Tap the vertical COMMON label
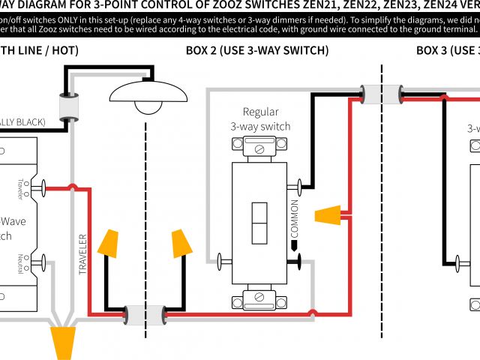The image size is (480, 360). (x=294, y=217)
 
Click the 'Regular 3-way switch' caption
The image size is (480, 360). (x=260, y=119)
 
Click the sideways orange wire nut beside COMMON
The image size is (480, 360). (x=328, y=216)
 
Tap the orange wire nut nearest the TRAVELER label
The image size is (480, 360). (x=110, y=243)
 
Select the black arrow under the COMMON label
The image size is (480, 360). (x=294, y=244)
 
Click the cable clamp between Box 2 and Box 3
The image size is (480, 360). (x=380, y=94)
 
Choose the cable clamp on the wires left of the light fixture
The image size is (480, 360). (x=69, y=109)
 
